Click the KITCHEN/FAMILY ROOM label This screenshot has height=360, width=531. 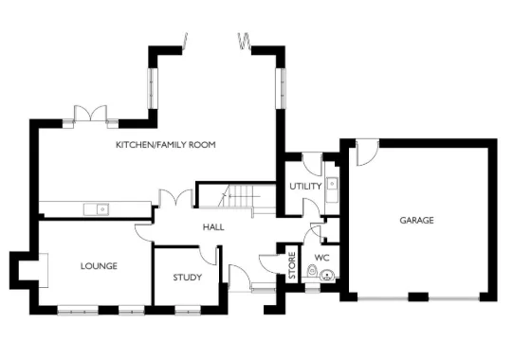tap(166, 145)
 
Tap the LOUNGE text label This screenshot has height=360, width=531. tap(99, 266)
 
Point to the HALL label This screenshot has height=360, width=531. tap(213, 227)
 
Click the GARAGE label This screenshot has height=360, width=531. tap(415, 220)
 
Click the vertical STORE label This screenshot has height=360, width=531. tap(292, 264)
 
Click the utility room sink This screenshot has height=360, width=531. tap(333, 185)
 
